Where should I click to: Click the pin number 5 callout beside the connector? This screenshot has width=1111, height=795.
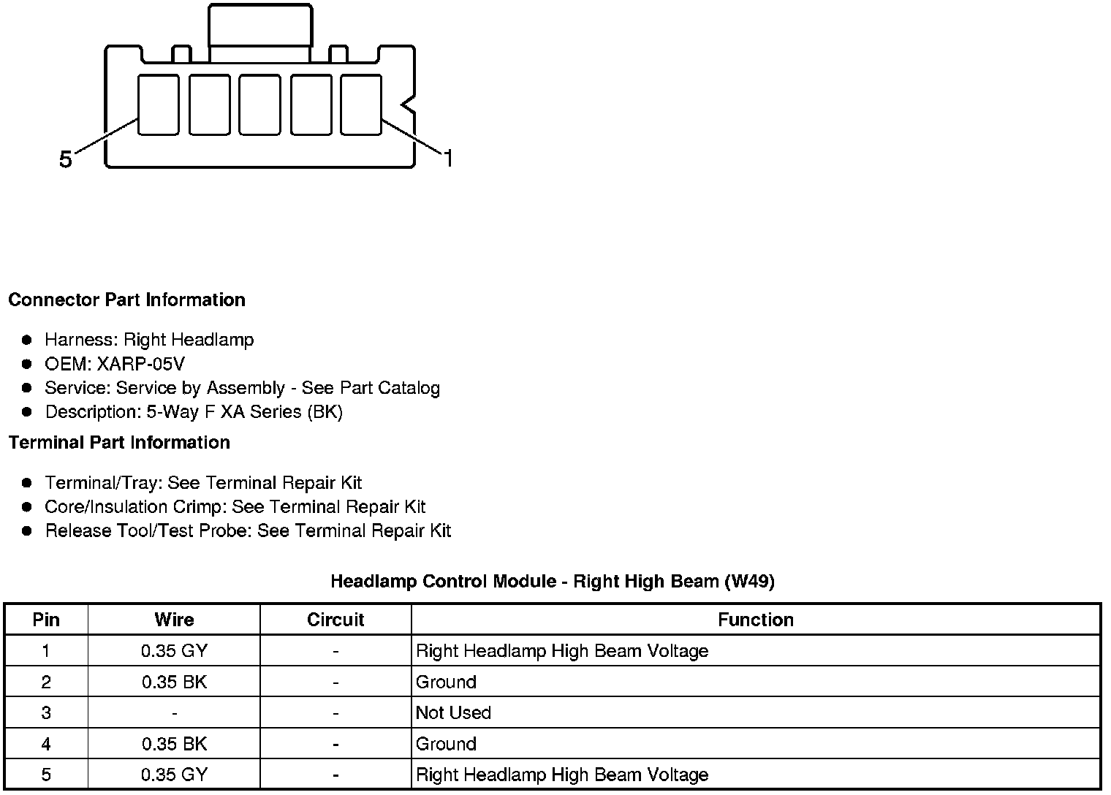coord(66,159)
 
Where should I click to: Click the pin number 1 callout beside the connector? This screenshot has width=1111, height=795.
coord(448,158)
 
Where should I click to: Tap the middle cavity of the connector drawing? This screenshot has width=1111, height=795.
coord(259,104)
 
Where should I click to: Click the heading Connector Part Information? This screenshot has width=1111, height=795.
coord(126,300)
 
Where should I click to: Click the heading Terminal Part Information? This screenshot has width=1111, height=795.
coord(119,443)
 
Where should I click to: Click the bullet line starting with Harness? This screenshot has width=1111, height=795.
coord(149,340)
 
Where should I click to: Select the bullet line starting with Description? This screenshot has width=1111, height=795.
coord(194,412)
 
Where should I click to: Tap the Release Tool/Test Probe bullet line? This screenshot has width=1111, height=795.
coord(248,531)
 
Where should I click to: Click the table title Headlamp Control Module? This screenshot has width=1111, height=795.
coord(552,582)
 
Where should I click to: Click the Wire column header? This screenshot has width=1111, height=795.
coord(174,620)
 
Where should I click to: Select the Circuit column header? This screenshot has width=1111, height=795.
coord(335,620)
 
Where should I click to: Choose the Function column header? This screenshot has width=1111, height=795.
coord(755,620)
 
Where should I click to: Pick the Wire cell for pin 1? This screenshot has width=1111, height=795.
coord(174,651)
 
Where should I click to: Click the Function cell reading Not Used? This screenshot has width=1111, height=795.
coord(453,713)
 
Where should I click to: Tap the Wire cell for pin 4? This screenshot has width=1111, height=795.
coord(174,745)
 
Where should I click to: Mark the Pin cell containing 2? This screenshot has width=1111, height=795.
coord(46,682)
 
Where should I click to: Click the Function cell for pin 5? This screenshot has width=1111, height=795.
coord(562,775)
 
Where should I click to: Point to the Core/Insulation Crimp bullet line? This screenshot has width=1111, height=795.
coord(235,507)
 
